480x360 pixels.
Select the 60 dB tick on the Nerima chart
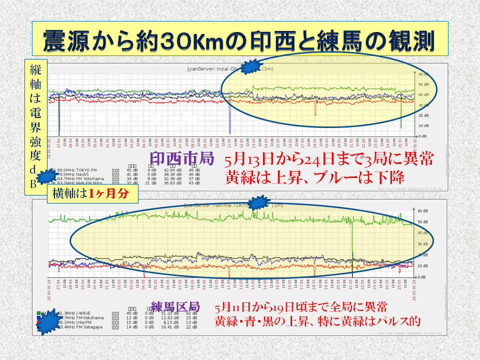tap(421, 210)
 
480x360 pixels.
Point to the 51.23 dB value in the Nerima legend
tap(171, 313)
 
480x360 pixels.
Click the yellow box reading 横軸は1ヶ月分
tap(87, 194)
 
